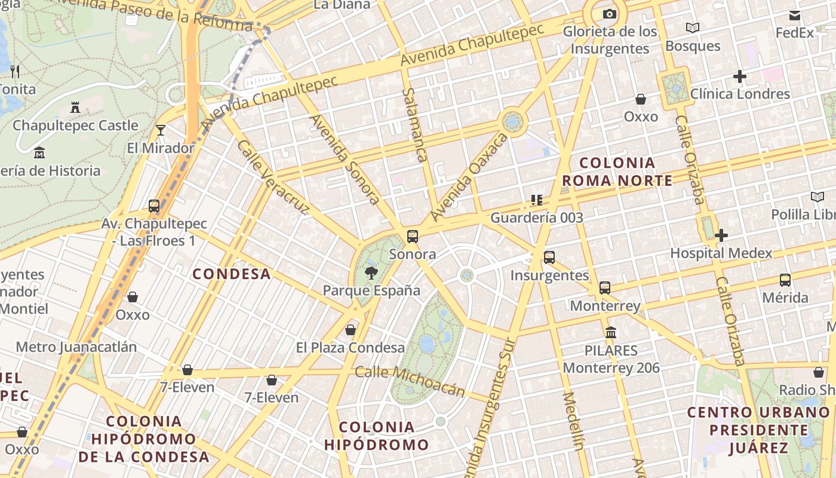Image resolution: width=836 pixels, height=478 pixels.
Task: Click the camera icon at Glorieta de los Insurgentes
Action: point(609,14)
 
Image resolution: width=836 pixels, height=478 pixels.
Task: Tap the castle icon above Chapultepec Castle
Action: point(75,108)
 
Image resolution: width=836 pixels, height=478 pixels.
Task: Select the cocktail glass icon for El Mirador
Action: point(160,130)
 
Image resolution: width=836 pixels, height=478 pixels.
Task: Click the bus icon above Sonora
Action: point(413,236)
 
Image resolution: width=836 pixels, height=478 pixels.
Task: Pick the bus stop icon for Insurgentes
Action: point(549,258)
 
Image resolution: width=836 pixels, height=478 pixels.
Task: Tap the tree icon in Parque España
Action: point(371,273)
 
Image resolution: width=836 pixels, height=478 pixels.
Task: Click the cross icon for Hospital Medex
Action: point(721,235)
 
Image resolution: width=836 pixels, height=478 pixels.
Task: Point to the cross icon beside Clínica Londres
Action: point(740,76)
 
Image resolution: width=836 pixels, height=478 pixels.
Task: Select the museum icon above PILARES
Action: point(611,332)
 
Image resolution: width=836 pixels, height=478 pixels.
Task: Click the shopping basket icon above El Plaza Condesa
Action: point(351,330)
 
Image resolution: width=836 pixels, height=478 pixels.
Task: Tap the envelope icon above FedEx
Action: point(795,16)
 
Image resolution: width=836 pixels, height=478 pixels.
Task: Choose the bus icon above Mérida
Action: point(785,280)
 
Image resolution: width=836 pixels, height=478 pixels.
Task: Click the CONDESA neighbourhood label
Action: point(232,274)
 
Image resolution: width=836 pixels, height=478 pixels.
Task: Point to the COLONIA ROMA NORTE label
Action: point(617,171)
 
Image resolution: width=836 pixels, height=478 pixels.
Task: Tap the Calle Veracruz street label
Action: point(273,177)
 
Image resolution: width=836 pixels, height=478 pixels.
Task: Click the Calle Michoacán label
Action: point(410,381)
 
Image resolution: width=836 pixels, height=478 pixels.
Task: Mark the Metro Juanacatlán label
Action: point(76,347)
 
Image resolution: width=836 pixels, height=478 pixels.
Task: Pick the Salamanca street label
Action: point(414,125)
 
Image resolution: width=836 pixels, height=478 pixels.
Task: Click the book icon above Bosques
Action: point(693,27)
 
